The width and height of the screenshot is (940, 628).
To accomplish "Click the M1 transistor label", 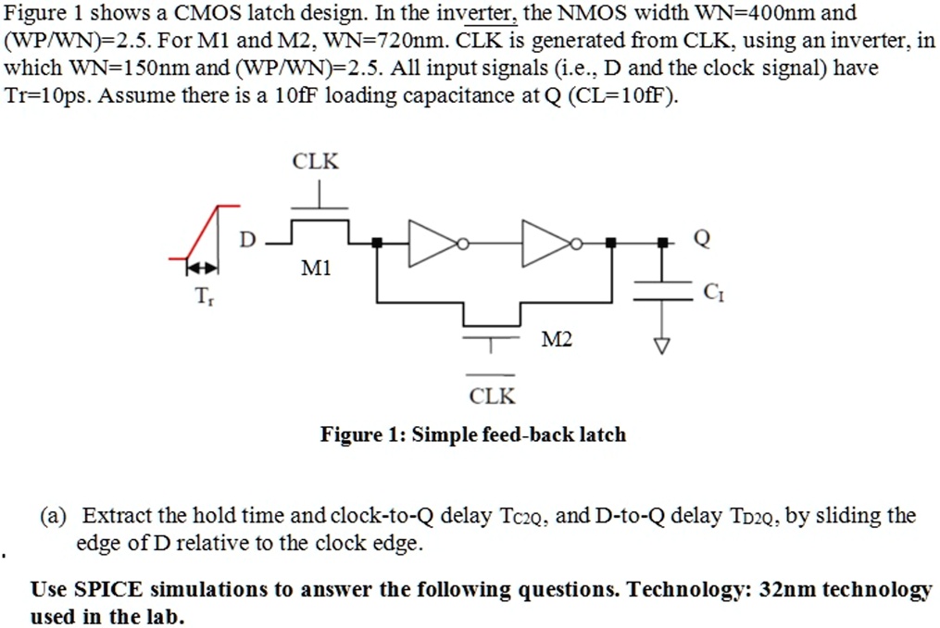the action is click(x=316, y=268).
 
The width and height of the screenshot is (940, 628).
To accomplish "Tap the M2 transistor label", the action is click(x=557, y=340).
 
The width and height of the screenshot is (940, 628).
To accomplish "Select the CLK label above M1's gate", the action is click(x=315, y=161).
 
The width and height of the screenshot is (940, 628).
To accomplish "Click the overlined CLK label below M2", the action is click(x=492, y=396).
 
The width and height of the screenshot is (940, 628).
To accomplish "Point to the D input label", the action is click(x=247, y=239).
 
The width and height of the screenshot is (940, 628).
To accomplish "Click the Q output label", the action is click(x=702, y=238).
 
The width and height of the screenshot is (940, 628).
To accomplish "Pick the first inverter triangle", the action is click(x=432, y=243).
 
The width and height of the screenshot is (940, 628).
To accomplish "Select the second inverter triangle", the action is click(x=545, y=243).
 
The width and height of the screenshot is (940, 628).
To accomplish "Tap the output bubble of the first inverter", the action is click(x=462, y=244).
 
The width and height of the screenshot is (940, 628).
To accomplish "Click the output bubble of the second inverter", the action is click(x=576, y=244).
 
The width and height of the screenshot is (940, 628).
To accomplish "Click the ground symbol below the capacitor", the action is click(x=662, y=345).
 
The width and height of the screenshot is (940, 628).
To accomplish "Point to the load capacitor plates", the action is click(x=662, y=290).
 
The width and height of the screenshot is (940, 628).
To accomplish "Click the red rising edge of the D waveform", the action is click(x=202, y=232).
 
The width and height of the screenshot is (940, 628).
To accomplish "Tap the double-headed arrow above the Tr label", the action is click(x=202, y=268).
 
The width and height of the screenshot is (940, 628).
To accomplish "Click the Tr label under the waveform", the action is click(x=204, y=295).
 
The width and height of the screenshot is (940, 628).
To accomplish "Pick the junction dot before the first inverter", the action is click(x=377, y=243).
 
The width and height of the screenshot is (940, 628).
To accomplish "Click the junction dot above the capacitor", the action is click(x=662, y=243).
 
